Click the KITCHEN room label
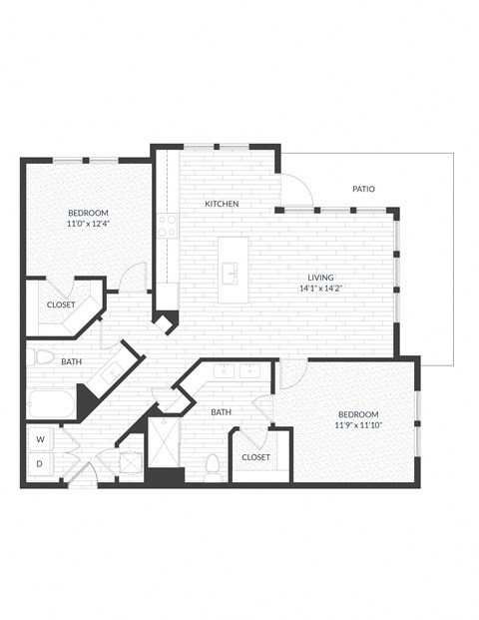point(222,204)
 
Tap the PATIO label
point(363,189)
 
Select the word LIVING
point(320,278)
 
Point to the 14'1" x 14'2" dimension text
point(320,289)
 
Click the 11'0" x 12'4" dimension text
point(88,224)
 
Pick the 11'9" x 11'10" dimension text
point(357,425)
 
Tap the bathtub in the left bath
point(50,404)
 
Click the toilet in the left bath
point(42,356)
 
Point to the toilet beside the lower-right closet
point(212,465)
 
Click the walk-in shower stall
point(165,439)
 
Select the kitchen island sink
point(231,271)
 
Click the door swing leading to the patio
point(295,191)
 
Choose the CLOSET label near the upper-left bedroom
point(62,306)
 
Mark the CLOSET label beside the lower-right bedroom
point(256,457)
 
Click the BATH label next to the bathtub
point(72,361)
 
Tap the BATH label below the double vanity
point(221,411)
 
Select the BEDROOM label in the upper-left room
point(88,213)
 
